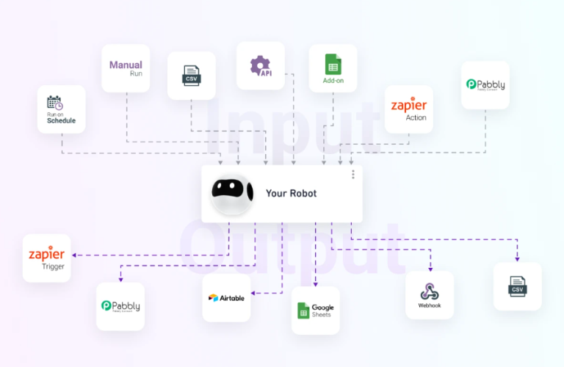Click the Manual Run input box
click(x=126, y=68)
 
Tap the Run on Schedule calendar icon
click(x=55, y=103)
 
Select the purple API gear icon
click(x=260, y=65)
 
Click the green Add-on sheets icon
click(x=333, y=65)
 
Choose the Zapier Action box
click(x=408, y=109)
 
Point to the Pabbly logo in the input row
click(x=485, y=84)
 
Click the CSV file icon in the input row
click(x=191, y=74)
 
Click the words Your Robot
click(x=292, y=193)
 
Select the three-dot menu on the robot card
click(x=352, y=175)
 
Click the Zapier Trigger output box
click(x=46, y=258)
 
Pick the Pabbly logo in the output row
click(x=120, y=305)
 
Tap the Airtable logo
click(x=226, y=298)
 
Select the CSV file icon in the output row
click(x=518, y=286)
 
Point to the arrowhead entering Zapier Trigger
click(x=74, y=255)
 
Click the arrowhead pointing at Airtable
click(x=254, y=293)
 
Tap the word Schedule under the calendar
click(x=61, y=120)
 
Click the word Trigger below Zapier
click(x=53, y=267)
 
